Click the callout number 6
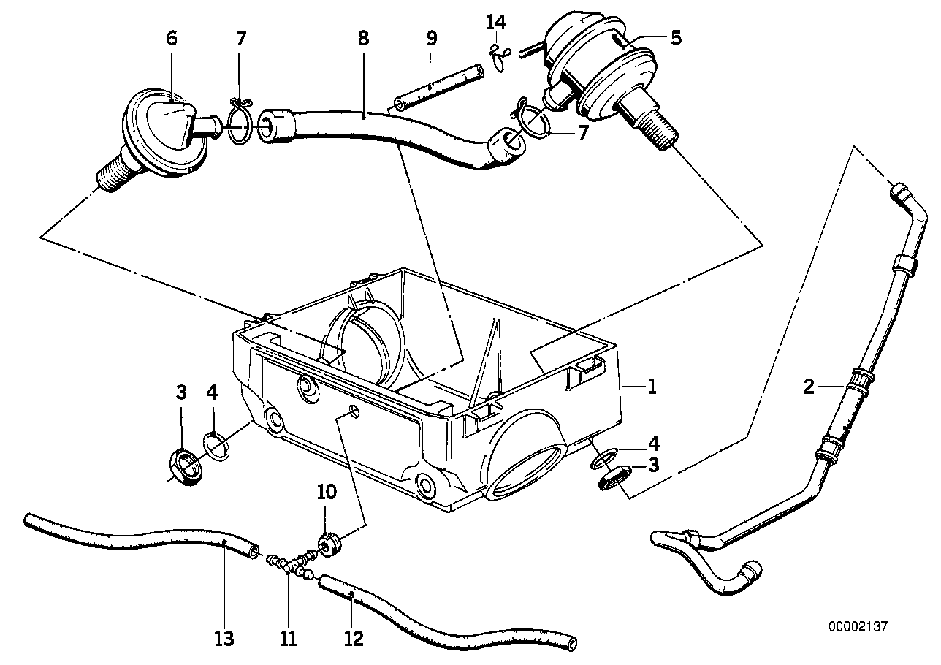tap(171, 38)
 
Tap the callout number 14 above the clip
tap(495, 22)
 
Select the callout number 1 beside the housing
tap(651, 387)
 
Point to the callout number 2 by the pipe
tap(809, 387)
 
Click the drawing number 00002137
tap(858, 626)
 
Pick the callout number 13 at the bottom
tap(224, 639)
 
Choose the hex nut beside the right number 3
tap(614, 479)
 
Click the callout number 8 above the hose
tap(363, 38)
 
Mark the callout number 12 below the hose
tap(353, 639)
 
